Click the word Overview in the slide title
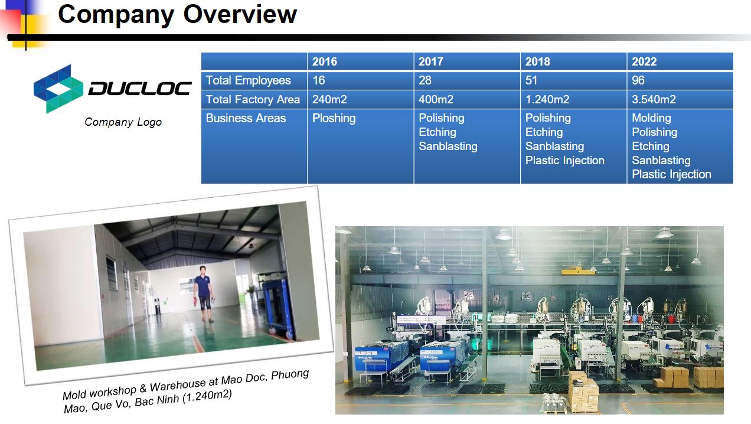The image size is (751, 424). pyautogui.click(x=240, y=14)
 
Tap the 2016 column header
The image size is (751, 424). pyautogui.click(x=325, y=61)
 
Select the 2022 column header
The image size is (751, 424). pyautogui.click(x=644, y=61)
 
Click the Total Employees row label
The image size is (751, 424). pyautogui.click(x=248, y=80)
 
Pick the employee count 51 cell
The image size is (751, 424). pyautogui.click(x=531, y=80)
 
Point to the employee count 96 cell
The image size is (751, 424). pyautogui.click(x=638, y=80)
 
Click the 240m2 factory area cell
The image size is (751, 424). pyautogui.click(x=329, y=99)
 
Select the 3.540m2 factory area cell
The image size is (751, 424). pyautogui.click(x=654, y=99)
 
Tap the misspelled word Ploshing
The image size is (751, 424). pyautogui.click(x=334, y=119)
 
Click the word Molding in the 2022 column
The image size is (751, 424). pyautogui.click(x=651, y=118)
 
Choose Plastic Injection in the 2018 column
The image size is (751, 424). pyautogui.click(x=564, y=161)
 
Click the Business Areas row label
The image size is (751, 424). pyautogui.click(x=246, y=118)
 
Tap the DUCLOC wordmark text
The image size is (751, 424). pyautogui.click(x=139, y=88)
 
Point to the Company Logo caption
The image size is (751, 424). pyautogui.click(x=123, y=122)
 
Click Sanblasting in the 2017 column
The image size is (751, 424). pyautogui.click(x=448, y=146)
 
